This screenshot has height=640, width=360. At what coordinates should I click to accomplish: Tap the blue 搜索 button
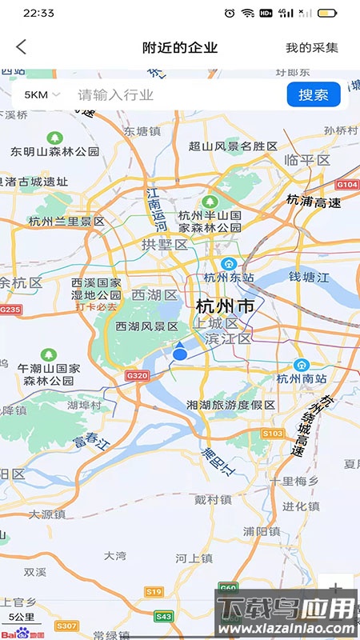pos(314,94)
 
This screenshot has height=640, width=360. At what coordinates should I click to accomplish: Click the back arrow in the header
pos(22,47)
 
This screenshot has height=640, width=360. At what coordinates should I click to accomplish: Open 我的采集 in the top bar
pos(312,48)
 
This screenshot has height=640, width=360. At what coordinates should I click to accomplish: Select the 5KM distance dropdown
pos(42,94)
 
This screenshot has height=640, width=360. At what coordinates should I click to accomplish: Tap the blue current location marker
pos(180,353)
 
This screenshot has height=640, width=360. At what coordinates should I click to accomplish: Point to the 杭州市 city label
pos(225,306)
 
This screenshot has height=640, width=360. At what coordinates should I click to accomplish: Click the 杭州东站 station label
pos(228,278)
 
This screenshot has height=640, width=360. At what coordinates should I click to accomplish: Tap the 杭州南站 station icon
pos(302,364)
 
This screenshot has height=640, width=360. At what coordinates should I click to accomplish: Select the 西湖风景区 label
pos(146,326)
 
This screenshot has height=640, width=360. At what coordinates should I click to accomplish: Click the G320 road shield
pos(138,375)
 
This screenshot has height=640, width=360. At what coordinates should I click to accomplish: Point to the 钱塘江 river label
pos(309,277)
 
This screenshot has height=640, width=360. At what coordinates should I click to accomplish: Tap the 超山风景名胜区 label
pos(233,146)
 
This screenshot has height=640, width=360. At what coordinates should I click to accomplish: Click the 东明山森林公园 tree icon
pos(54,138)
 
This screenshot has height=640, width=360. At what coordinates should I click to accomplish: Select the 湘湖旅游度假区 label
pos(230,405)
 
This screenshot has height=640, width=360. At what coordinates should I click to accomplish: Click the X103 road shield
pos(273,433)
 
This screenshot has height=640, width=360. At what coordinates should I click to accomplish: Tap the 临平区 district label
pos(307,160)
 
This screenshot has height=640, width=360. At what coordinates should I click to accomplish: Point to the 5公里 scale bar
pos(22,618)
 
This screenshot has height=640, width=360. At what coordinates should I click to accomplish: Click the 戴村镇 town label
pos(213,499)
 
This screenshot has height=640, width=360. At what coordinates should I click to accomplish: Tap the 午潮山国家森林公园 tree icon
pos(50,354)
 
